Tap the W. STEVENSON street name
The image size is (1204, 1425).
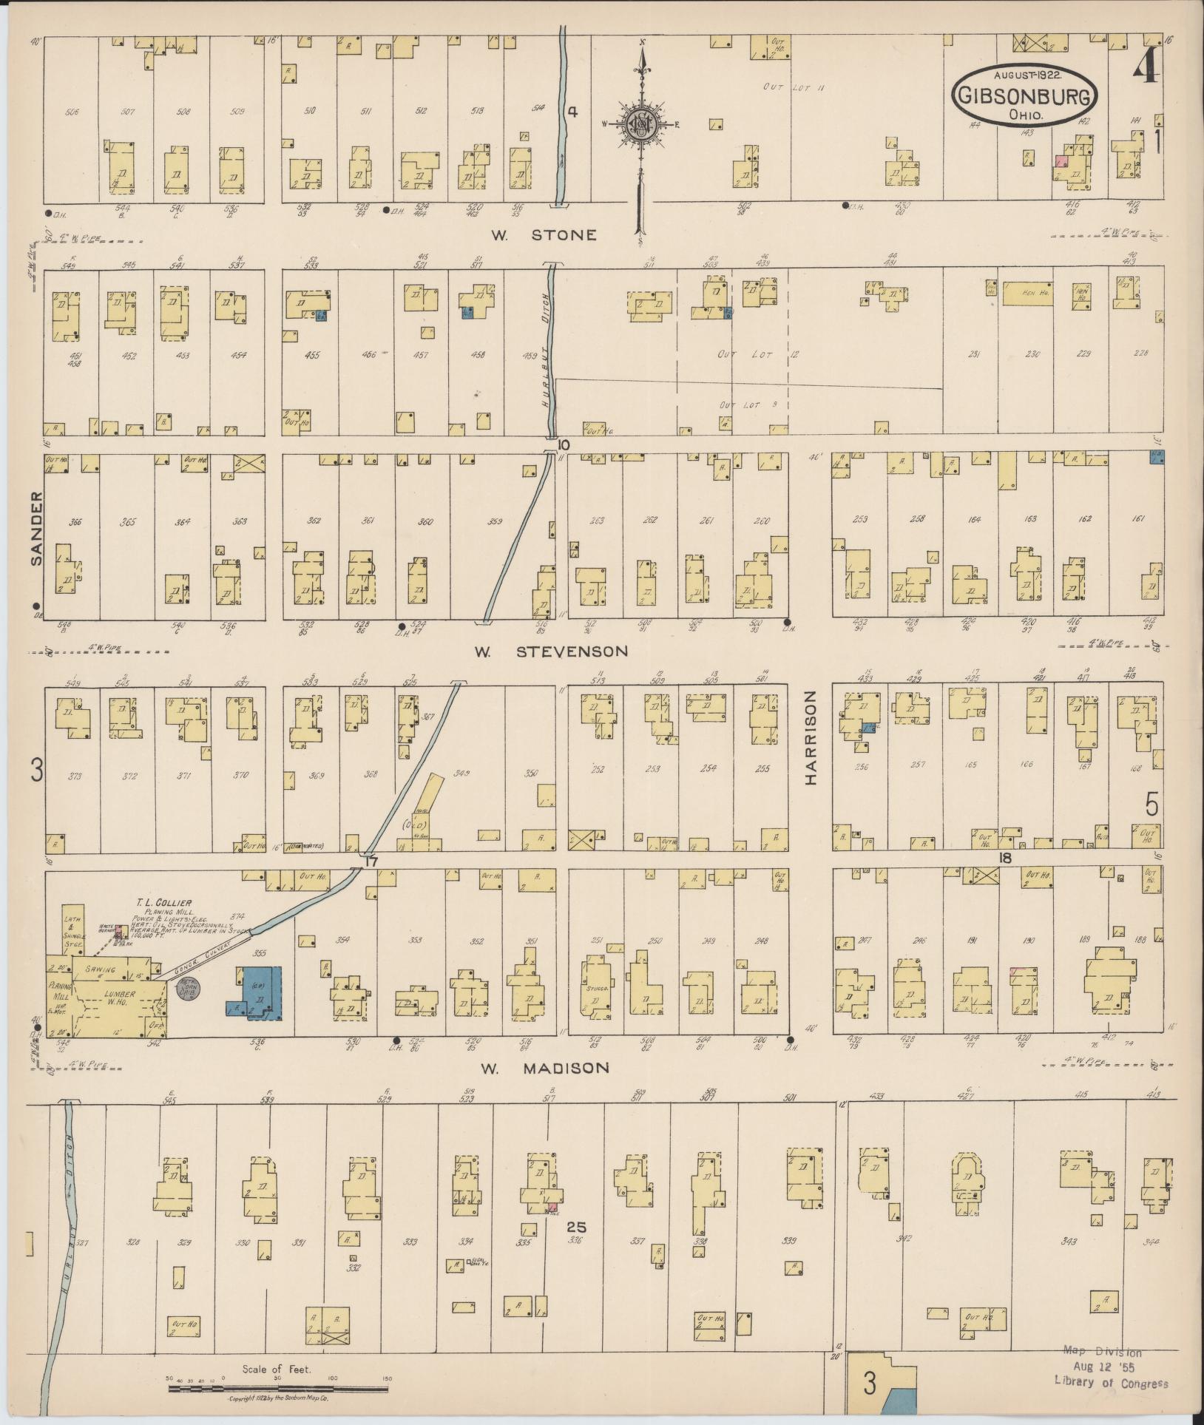pos(551,651)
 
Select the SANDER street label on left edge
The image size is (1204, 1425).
pos(37,528)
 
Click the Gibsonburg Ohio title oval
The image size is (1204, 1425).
pos(1024,94)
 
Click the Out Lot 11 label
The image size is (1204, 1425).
pos(793,88)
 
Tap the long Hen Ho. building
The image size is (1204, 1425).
pos(1027,293)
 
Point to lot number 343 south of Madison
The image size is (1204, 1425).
pos(1068,1240)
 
